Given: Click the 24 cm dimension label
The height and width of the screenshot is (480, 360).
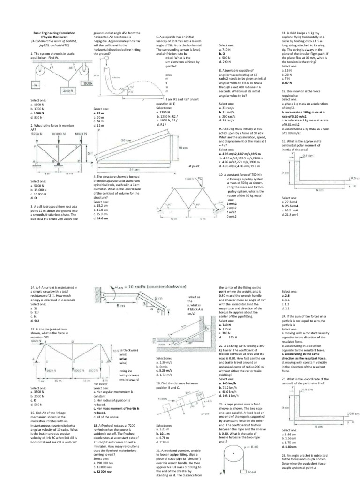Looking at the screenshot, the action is [135, 169].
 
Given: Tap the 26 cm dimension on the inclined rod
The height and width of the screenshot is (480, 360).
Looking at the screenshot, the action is [126, 141].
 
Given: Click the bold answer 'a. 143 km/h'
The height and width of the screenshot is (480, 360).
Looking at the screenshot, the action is [229, 383].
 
